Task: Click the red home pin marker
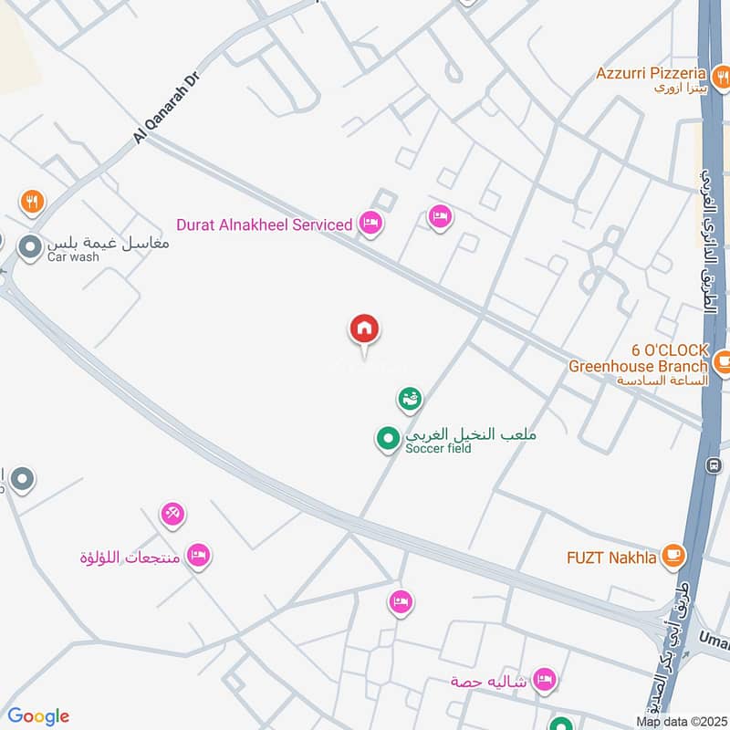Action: (364, 328)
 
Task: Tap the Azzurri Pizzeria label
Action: (651, 73)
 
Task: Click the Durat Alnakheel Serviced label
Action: (265, 224)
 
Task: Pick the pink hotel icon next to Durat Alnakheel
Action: (370, 223)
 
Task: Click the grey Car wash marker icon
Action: (31, 246)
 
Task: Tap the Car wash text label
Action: (73, 257)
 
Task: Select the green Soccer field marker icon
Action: (388, 440)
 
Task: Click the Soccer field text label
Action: (438, 449)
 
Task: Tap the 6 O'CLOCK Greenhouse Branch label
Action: (638, 359)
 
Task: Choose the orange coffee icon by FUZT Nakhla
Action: (673, 556)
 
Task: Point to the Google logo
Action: (38, 716)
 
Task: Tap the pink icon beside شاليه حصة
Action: (545, 680)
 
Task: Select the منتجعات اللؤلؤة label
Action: (127, 557)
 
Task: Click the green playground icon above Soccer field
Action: (410, 398)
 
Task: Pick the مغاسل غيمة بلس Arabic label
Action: (108, 243)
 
